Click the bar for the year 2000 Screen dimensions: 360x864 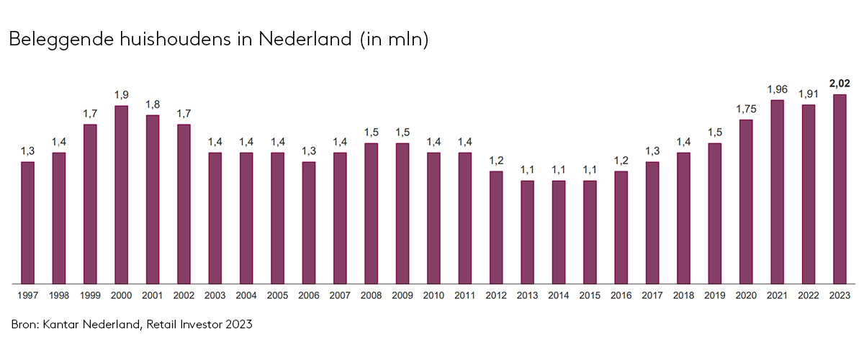tap(121, 194)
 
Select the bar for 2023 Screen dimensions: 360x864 tap(840, 189)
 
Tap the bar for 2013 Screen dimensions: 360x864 tap(528, 232)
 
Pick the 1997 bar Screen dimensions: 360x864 tap(27, 222)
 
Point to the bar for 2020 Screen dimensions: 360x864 tap(746, 202)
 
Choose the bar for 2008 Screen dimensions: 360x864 tap(372, 213)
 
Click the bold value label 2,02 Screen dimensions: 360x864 tap(840, 84)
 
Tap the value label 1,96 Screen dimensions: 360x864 tap(777, 89)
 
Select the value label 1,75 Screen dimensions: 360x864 tap(746, 109)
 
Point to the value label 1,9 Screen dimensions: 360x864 tap(121, 95)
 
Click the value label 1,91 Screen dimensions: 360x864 tap(809, 94)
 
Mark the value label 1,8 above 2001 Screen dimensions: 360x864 tap(153, 104)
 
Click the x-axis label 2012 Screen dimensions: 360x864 tap(496, 295)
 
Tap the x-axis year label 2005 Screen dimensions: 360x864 tap(277, 295)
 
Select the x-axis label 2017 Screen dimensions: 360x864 tap(652, 295)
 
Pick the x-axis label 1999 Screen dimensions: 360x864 tap(90, 295)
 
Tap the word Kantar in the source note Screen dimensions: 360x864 tap(68, 325)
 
